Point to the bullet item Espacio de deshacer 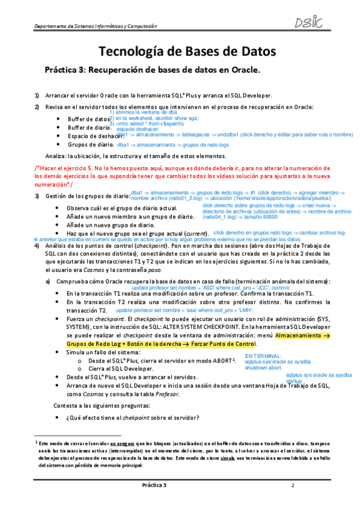96,136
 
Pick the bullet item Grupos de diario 90,145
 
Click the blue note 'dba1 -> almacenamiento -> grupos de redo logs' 172,146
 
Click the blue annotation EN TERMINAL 263,357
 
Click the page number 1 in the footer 292,484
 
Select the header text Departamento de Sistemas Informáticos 96,26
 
